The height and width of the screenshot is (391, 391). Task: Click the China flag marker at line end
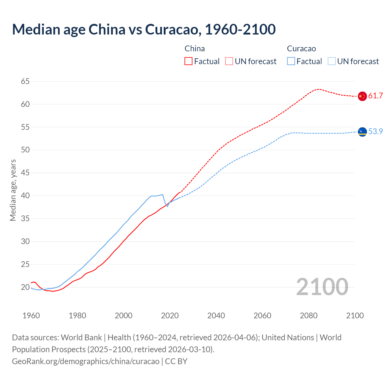tap(362, 96)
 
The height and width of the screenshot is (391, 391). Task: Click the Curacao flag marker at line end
tap(362, 132)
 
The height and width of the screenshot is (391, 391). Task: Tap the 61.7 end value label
tap(375, 96)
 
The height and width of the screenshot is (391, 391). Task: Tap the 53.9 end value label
tap(375, 131)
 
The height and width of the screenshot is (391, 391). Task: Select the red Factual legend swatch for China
tap(188, 61)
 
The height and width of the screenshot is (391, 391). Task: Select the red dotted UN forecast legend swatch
tap(229, 61)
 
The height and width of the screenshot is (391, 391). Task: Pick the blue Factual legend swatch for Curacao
tap(291, 61)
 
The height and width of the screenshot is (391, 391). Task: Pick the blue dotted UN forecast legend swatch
tap(332, 61)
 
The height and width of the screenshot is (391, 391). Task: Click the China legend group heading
tap(195, 49)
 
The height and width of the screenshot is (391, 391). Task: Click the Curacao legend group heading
tap(301, 49)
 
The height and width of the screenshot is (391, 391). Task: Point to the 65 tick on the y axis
tap(25, 81)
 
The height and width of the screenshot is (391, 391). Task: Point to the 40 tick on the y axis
tap(25, 195)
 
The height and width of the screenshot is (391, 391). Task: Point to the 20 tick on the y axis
tap(25, 287)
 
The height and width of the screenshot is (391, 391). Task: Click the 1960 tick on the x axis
tap(31, 316)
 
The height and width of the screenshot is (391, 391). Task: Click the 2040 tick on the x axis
tap(216, 316)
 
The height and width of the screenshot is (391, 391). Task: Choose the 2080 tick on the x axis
tap(309, 316)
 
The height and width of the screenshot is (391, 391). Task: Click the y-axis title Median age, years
tap(13, 190)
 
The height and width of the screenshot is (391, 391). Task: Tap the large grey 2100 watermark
tap(322, 287)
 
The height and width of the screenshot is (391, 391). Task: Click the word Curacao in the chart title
tap(173, 29)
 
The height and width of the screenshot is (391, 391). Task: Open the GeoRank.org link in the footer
tap(86, 361)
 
